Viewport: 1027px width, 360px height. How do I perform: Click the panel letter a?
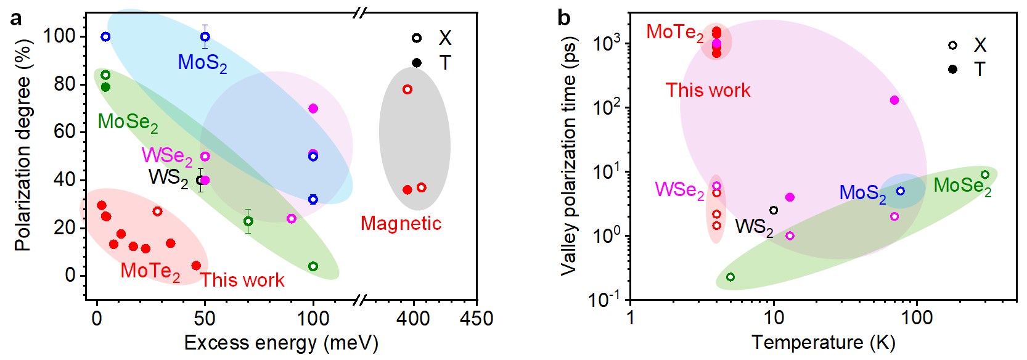[x=16, y=18]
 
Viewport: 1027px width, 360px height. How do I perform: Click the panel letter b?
[x=563, y=18]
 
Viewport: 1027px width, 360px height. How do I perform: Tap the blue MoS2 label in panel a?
[x=202, y=63]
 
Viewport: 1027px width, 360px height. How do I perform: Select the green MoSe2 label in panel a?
[x=128, y=122]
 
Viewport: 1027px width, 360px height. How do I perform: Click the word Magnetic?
[x=401, y=223]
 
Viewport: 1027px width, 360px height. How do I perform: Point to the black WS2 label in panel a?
[x=168, y=178]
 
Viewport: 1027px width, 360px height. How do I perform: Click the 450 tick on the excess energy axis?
[x=477, y=319]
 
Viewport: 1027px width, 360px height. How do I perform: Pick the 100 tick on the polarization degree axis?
[x=59, y=36]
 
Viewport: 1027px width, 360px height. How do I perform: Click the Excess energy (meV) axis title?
[x=281, y=343]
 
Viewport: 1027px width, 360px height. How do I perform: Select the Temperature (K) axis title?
[x=824, y=342]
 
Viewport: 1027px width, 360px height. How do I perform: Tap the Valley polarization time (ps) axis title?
[x=569, y=156]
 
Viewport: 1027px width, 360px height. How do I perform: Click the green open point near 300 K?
[x=985, y=175]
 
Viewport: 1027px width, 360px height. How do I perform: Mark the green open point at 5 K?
[x=730, y=277]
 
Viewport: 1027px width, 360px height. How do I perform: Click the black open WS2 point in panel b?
[x=774, y=210]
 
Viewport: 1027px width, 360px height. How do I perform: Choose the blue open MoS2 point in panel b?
[x=901, y=191]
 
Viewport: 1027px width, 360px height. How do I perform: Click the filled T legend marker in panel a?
[x=417, y=63]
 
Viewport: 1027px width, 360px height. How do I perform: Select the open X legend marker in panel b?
[x=952, y=45]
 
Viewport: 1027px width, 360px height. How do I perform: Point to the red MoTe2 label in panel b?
[x=674, y=33]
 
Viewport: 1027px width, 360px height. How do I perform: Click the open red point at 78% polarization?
[x=407, y=89]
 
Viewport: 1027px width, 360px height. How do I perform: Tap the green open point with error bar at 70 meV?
[x=248, y=221]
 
